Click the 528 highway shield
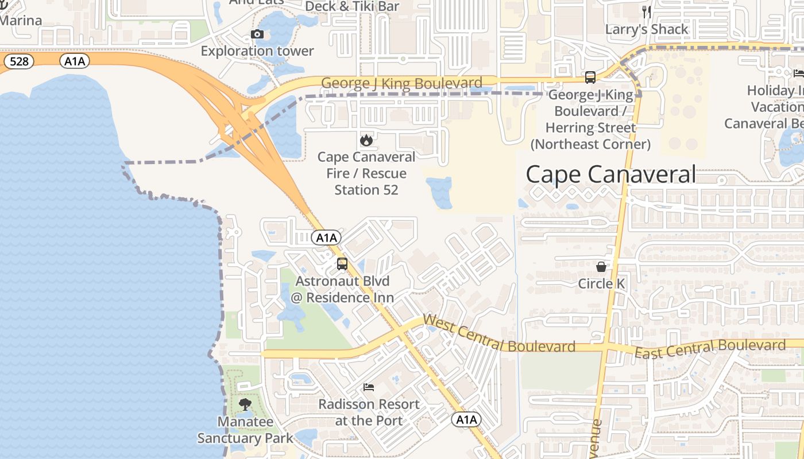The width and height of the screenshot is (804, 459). point(19,61)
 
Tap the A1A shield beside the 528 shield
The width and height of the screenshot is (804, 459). point(75,61)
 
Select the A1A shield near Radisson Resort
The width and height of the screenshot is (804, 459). point(466,420)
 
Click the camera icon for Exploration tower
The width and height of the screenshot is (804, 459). point(257,34)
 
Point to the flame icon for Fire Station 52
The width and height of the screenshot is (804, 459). point(366,140)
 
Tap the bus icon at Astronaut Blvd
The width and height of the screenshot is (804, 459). point(342,264)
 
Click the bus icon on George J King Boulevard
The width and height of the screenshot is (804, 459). point(590,77)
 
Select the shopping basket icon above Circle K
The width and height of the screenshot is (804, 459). point(601,267)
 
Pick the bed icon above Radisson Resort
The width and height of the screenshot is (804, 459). point(369,387)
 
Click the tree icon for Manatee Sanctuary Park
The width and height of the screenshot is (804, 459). point(245,404)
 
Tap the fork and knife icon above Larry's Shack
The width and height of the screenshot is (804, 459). point(647,12)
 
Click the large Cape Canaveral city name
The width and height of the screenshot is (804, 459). point(610,174)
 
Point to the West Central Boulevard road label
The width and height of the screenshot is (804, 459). point(498,334)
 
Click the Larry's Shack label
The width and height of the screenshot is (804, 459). point(647,29)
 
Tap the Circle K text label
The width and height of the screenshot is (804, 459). point(601,283)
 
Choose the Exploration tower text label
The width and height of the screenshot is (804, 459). point(257,51)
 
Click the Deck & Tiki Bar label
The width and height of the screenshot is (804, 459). point(352,6)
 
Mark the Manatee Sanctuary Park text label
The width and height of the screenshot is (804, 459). point(245,430)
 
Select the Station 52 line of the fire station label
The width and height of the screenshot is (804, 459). point(366,190)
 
